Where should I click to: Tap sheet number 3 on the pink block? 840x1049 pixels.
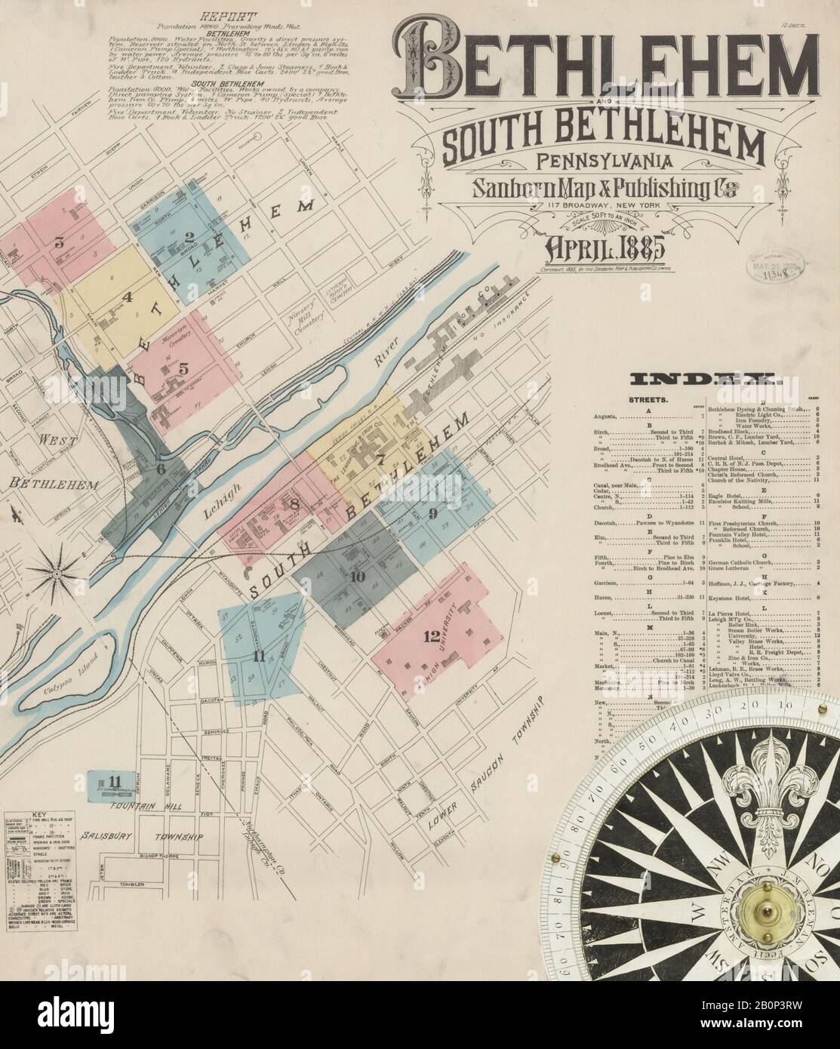coord(58,243)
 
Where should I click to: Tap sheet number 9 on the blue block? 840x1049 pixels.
coord(432,514)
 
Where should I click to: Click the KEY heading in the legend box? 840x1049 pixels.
coord(39,815)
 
